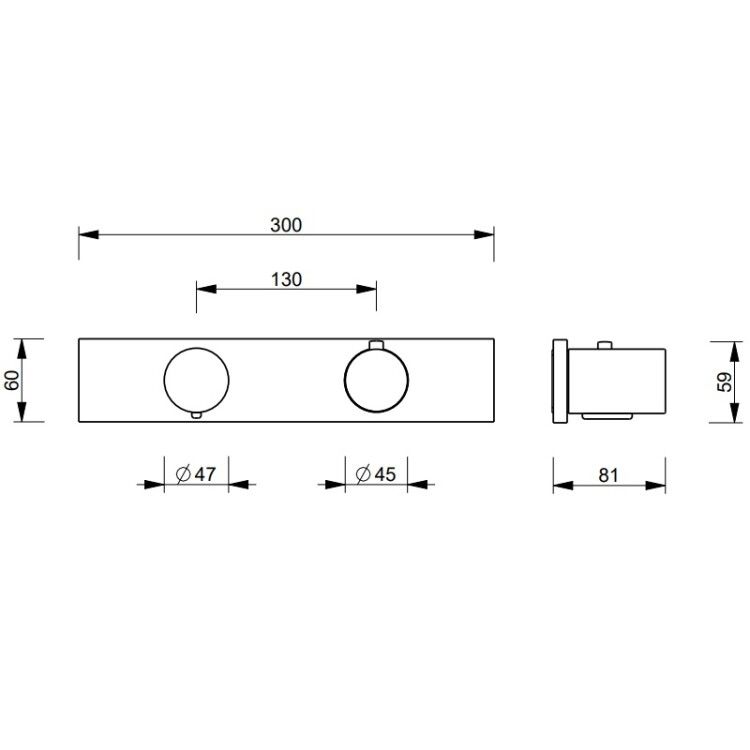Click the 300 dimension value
[286, 225]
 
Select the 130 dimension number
[287, 279]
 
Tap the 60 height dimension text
[12, 380]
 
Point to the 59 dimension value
[725, 382]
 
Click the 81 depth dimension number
[608, 475]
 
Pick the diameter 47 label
[196, 474]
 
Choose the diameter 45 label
[376, 474]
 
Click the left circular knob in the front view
[164, 380]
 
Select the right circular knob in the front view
[344, 380]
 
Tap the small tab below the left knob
[197, 415]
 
